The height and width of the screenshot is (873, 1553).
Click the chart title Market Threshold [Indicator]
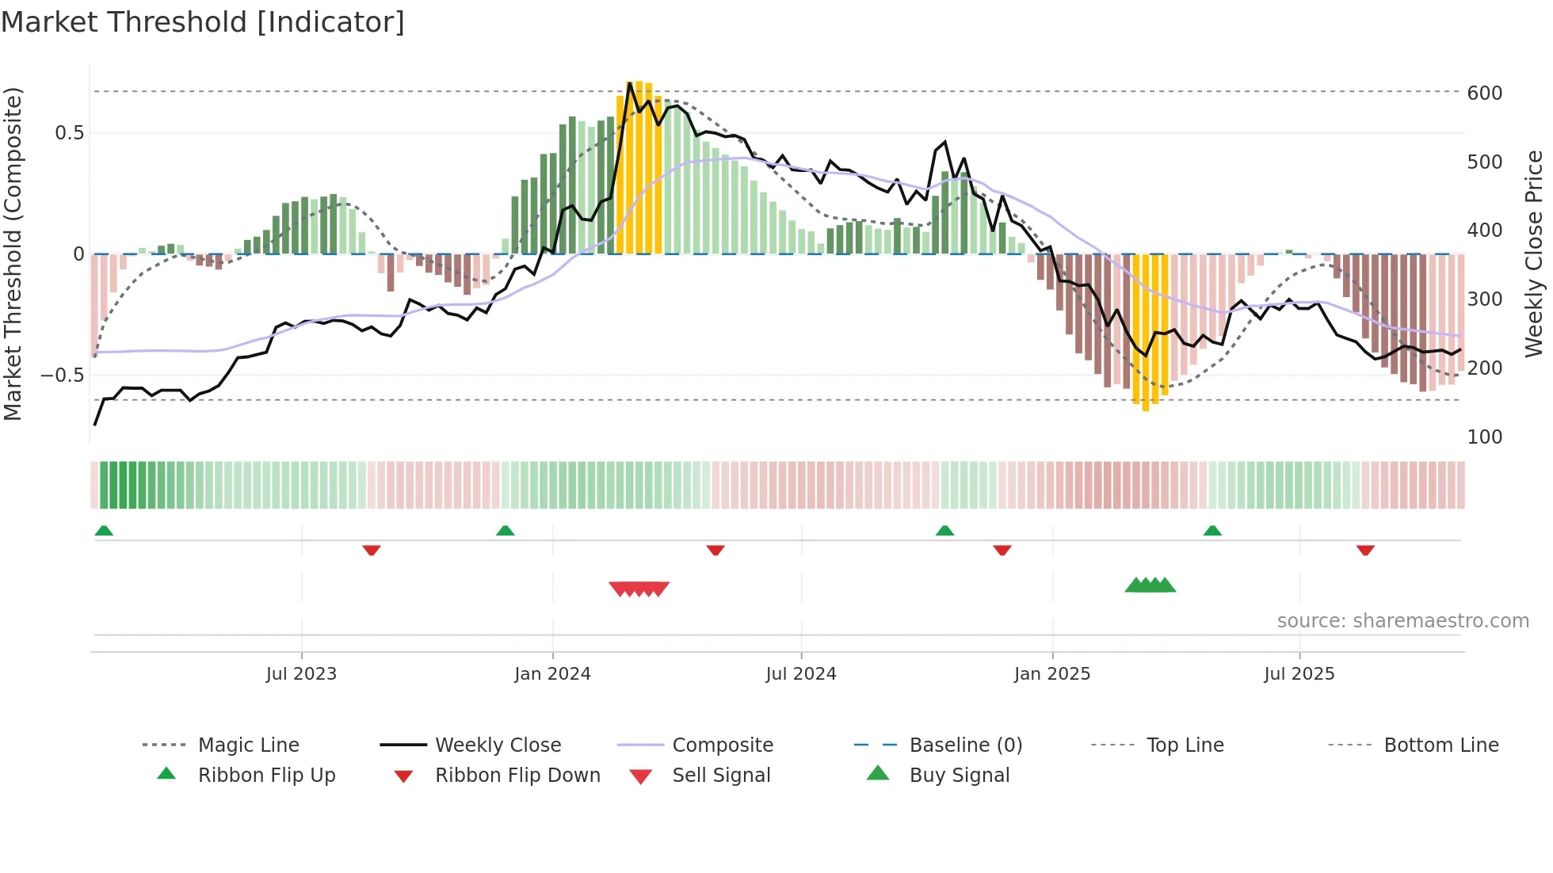[203, 22]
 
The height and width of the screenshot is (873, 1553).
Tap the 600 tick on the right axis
[1484, 93]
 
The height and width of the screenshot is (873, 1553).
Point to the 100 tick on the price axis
[1484, 437]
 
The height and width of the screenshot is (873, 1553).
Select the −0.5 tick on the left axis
[62, 376]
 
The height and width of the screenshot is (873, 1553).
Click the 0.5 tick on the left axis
[69, 133]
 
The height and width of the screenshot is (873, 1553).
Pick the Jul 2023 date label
[301, 674]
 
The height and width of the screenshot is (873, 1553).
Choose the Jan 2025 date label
[1051, 674]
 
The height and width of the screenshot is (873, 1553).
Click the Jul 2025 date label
[1299, 674]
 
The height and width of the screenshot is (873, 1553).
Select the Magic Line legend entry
[248, 745]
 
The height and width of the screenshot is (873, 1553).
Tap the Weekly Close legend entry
[498, 745]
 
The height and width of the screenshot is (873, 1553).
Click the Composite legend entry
[723, 745]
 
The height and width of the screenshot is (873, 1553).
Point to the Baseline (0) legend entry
[965, 745]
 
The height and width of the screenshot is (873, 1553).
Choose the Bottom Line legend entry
[1440, 745]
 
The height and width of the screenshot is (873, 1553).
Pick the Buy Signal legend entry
[959, 776]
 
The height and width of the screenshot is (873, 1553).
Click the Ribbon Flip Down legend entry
[517, 776]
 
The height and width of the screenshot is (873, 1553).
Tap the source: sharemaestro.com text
[1402, 621]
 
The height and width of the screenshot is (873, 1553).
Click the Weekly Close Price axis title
[1534, 254]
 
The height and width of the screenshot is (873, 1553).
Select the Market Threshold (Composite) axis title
[13, 254]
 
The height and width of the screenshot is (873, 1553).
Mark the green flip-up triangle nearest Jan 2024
[506, 531]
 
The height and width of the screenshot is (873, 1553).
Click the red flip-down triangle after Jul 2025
[1364, 550]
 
